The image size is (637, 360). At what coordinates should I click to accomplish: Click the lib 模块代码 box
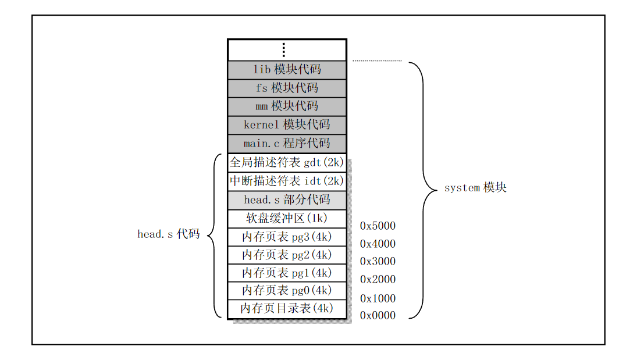point(287,70)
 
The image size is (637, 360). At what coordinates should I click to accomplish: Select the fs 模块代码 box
point(287,88)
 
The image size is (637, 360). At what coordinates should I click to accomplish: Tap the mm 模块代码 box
point(287,106)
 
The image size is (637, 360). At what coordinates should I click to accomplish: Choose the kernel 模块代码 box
point(287,124)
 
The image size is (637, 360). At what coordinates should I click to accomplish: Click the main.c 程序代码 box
point(287,143)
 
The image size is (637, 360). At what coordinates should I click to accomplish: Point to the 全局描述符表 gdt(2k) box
point(287,162)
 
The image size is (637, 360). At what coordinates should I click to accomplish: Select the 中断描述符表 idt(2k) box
point(287,181)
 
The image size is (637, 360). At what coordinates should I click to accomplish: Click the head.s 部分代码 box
point(287,199)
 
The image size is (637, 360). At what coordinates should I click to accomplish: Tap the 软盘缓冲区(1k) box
point(287,219)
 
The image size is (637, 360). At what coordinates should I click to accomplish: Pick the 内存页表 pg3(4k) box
point(287,237)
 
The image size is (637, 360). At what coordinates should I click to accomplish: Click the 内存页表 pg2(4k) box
point(287,255)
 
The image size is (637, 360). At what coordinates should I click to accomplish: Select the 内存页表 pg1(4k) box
point(287,273)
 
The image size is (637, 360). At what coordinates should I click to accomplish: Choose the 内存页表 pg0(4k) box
point(287,290)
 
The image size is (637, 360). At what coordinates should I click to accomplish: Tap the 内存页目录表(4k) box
point(287,309)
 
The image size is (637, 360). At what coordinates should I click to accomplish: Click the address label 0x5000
point(378,226)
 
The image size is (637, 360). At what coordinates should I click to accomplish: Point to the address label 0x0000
point(378,316)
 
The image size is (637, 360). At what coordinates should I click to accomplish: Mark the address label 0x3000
point(378,262)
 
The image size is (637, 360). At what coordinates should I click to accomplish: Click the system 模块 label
point(475,188)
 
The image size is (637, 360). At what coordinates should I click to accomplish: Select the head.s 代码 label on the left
point(168,234)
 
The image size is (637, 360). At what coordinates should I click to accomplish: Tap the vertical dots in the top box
point(283,49)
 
